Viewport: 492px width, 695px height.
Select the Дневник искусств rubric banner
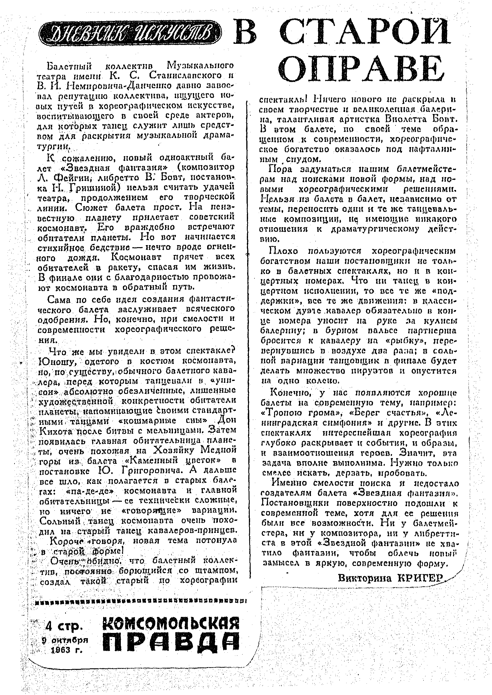pyautogui.click(x=130, y=33)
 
